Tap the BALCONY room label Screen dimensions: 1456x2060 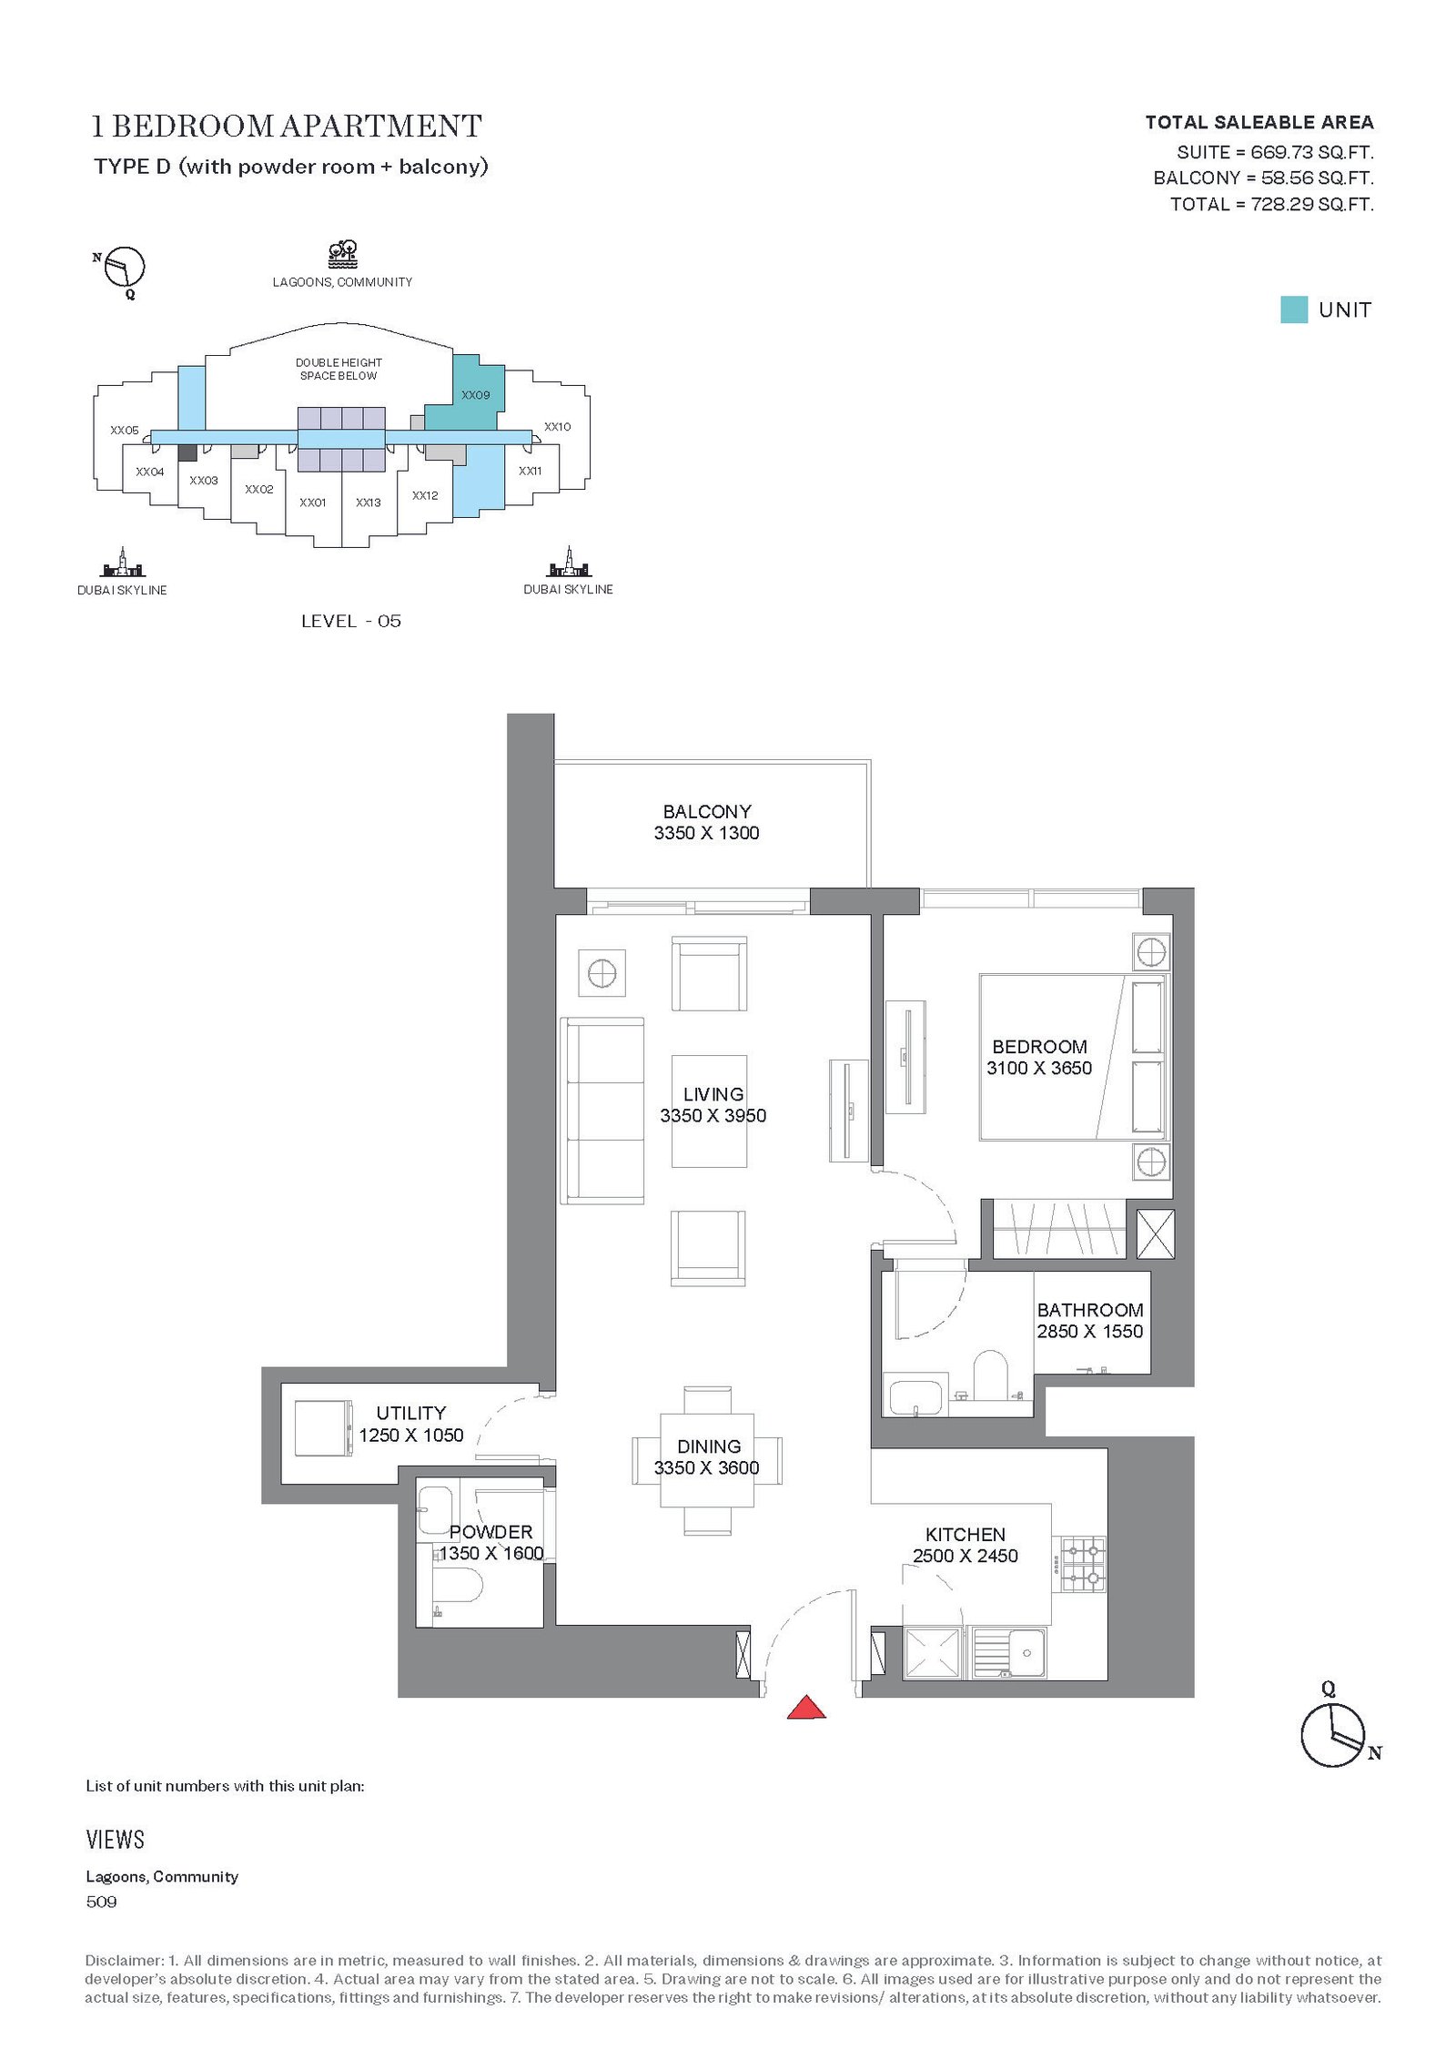click(x=707, y=811)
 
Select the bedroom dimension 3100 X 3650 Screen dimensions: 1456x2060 click(x=1039, y=1068)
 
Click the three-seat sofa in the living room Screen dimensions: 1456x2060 click(x=602, y=1111)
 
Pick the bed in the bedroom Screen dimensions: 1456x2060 click(x=1073, y=1057)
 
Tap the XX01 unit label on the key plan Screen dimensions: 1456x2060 click(x=313, y=502)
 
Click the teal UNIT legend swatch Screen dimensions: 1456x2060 click(x=1294, y=310)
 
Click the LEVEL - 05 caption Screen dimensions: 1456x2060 click(x=351, y=621)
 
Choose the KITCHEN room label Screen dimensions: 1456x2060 click(x=966, y=1535)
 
